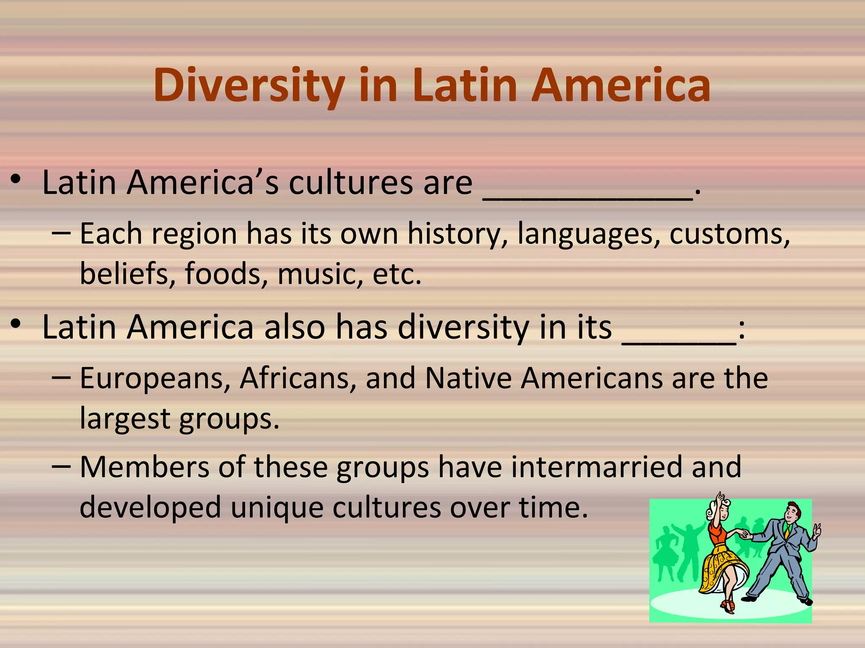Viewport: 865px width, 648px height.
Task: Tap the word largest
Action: click(125, 419)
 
